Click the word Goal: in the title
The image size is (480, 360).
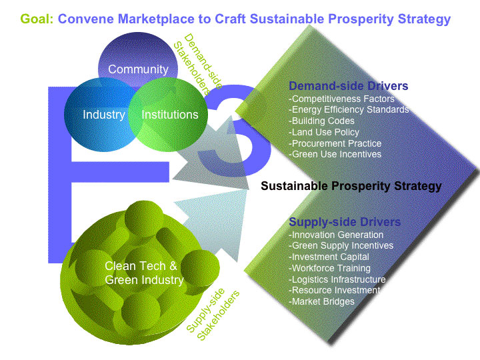37,19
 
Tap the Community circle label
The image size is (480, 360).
138,69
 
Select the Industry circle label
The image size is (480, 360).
103,115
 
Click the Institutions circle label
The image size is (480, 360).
170,115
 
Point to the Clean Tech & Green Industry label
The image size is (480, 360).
144,273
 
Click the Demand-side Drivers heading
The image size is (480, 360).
348,86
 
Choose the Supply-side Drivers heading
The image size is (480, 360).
344,221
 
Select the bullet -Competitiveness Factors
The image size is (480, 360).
341,99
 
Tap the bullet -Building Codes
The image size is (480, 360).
321,121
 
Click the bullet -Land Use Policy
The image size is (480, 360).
325,132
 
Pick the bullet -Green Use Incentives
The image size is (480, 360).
335,154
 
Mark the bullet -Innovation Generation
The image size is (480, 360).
336,235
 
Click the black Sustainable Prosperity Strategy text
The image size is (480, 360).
351,187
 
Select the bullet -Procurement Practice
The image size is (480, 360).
335,143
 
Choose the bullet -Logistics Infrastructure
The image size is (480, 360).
337,279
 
